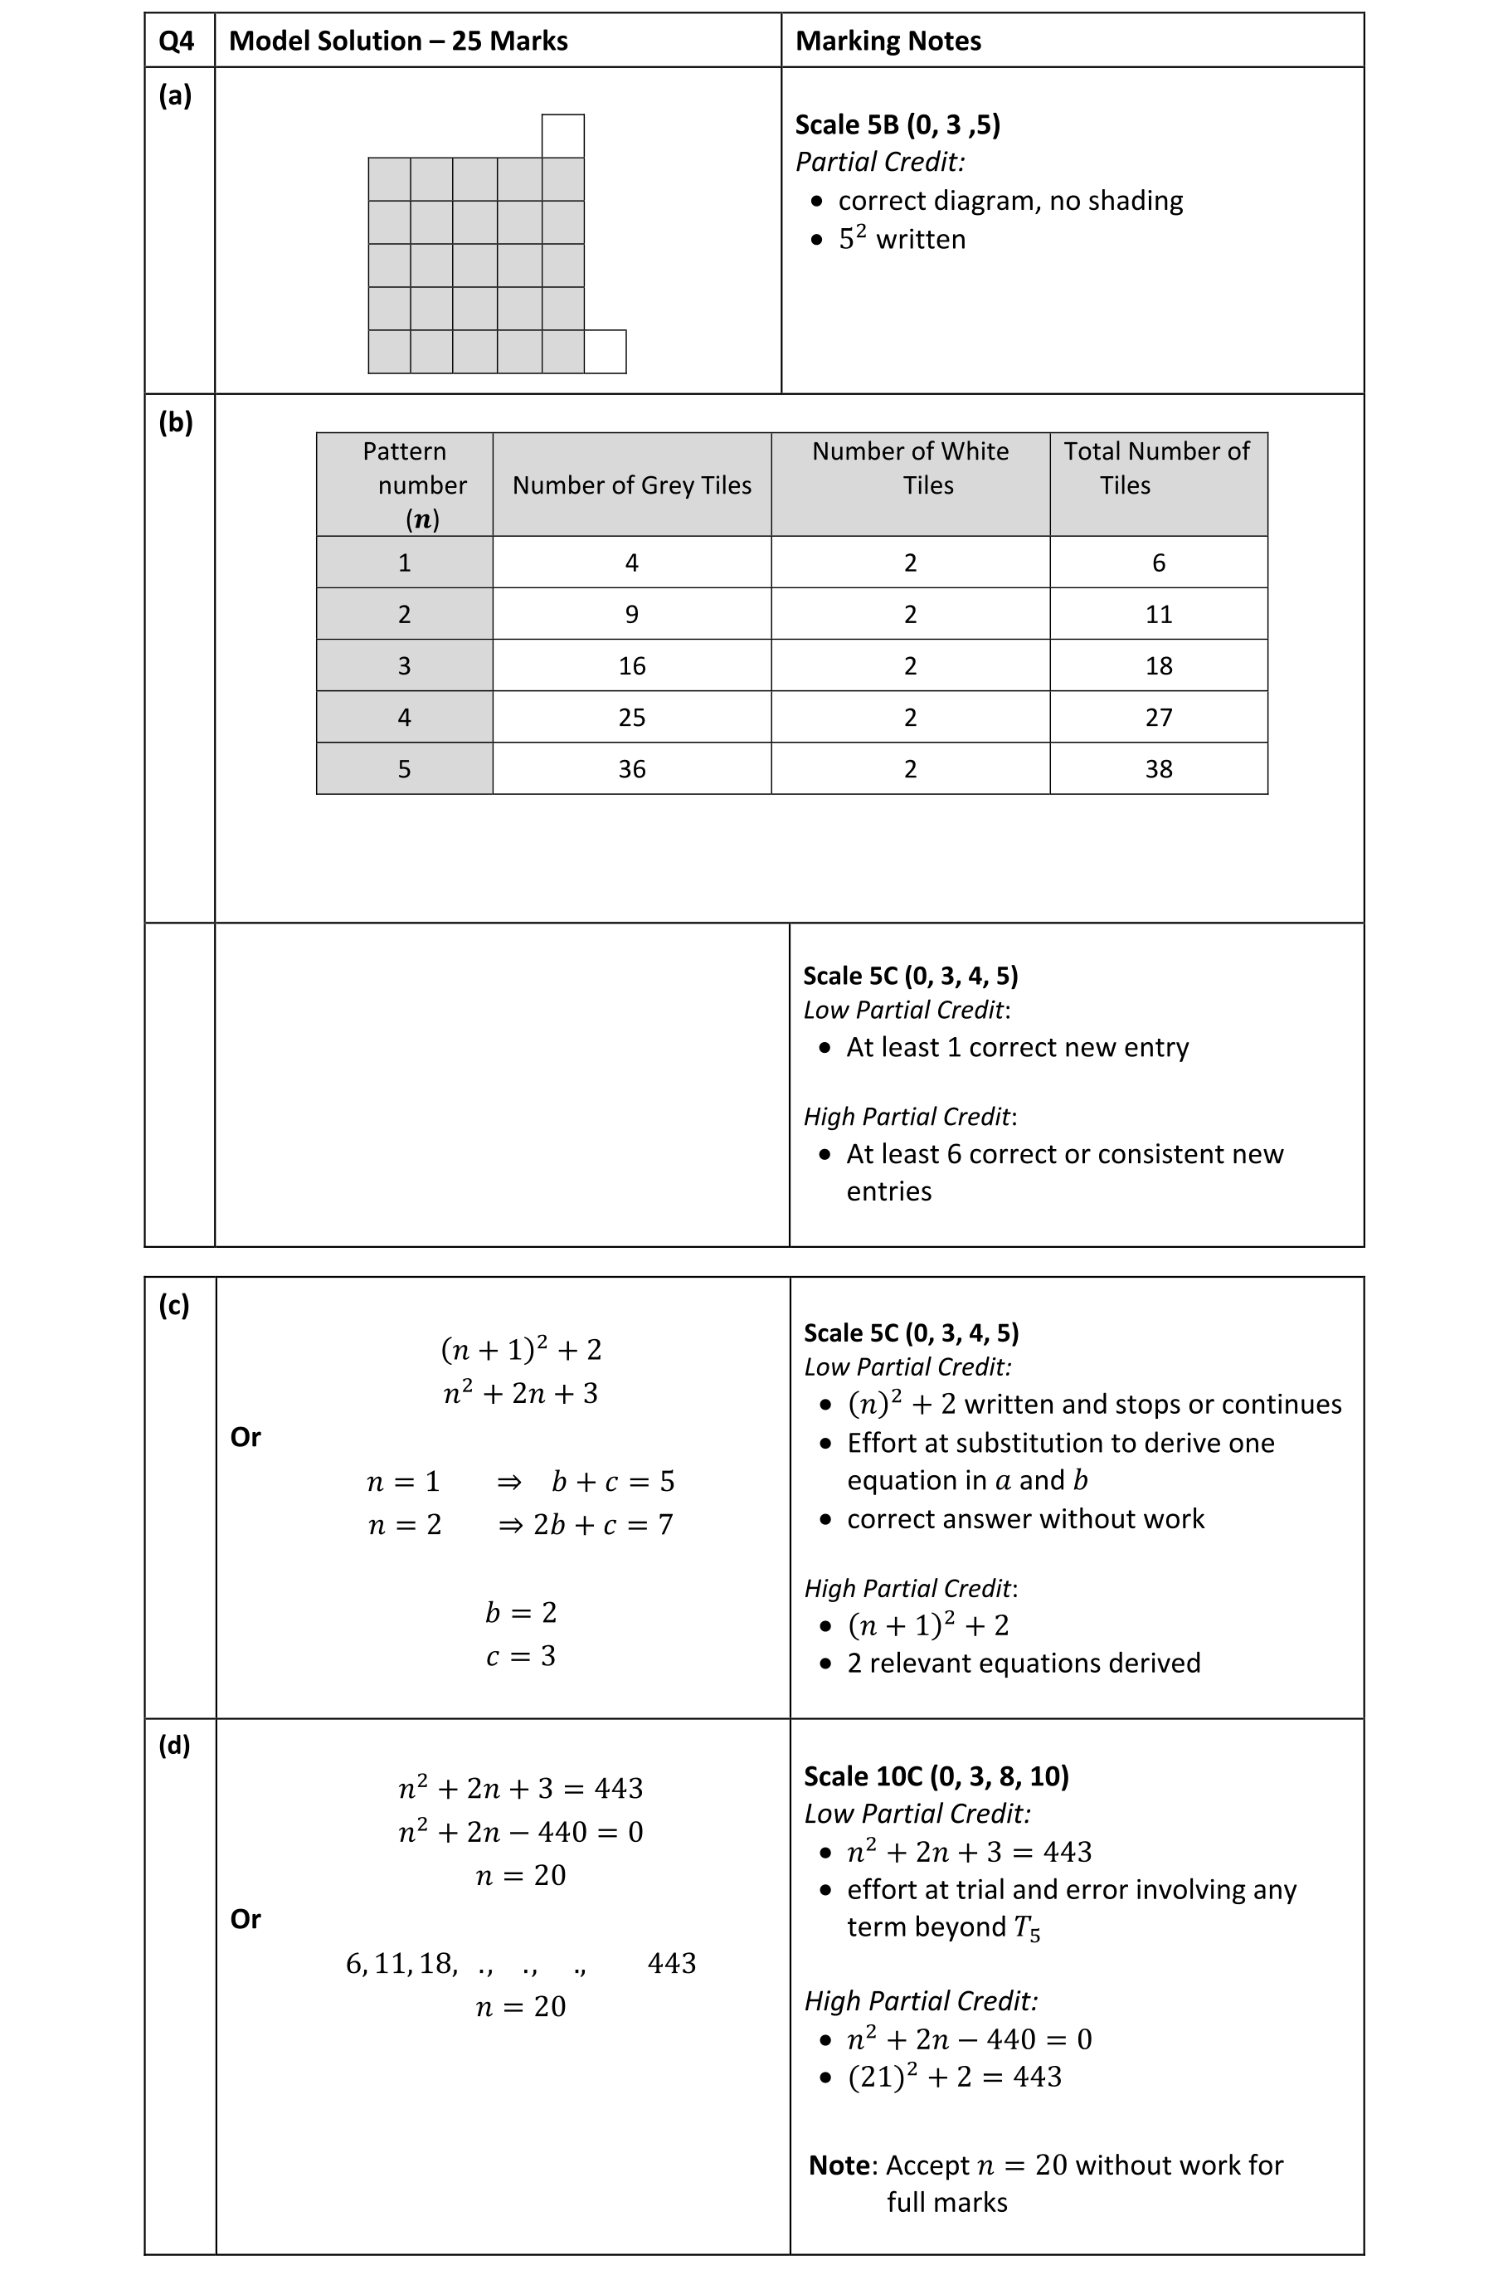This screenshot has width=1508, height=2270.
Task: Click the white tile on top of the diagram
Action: [562, 135]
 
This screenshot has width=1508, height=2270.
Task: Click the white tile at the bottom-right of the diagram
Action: [605, 351]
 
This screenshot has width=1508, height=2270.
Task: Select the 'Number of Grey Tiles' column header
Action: [632, 485]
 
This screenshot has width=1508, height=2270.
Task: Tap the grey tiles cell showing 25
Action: [632, 718]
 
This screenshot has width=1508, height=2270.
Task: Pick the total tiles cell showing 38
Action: [1158, 769]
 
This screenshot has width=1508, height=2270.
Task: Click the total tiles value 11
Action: [1158, 615]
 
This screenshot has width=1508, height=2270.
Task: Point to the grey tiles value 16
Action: [632, 666]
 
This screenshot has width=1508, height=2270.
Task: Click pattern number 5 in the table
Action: [404, 769]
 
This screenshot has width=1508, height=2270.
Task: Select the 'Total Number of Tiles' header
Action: [1157, 467]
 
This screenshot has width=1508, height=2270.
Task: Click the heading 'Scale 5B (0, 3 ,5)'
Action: [898, 124]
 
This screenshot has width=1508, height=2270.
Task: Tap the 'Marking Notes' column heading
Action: [888, 41]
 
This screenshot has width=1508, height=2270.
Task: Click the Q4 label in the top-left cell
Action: [176, 41]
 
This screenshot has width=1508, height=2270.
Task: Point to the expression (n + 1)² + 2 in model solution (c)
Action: [520, 1350]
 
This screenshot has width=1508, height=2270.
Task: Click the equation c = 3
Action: [520, 1655]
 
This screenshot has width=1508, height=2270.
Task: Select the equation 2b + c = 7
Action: [603, 1525]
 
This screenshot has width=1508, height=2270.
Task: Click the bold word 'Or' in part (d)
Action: [246, 1919]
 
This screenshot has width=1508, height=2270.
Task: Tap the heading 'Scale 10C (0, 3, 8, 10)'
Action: [936, 1776]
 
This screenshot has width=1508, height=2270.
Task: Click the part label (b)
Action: [175, 421]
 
